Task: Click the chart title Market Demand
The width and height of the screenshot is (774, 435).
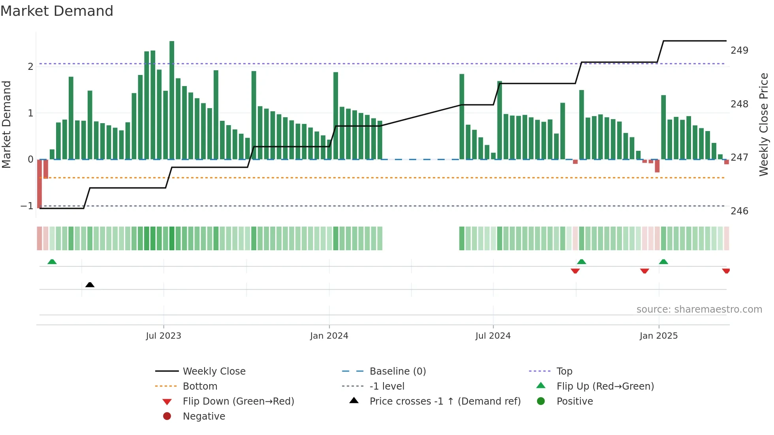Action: (x=57, y=11)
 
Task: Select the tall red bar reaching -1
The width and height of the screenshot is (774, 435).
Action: (x=39, y=184)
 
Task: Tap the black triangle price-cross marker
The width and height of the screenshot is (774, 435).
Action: (x=90, y=285)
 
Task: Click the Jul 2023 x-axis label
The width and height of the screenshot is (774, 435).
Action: (x=163, y=336)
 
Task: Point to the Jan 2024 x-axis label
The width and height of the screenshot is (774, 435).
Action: (x=329, y=336)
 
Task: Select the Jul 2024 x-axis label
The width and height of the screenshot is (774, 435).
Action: (x=493, y=336)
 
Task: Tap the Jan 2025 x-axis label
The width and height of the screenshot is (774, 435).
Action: (x=659, y=336)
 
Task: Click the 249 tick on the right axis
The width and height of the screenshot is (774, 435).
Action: (x=739, y=51)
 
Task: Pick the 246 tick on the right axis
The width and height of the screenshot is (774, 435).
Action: (x=739, y=211)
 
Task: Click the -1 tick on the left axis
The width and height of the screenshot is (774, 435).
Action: (x=27, y=206)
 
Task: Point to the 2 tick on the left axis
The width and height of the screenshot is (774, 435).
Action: (x=30, y=66)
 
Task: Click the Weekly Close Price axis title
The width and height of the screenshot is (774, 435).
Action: (x=764, y=124)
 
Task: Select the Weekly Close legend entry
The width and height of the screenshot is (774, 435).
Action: (x=214, y=371)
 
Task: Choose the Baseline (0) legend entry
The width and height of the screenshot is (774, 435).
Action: (x=398, y=371)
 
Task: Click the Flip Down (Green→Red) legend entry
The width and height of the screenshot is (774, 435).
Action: (x=238, y=401)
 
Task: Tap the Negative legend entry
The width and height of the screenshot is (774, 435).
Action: (x=204, y=416)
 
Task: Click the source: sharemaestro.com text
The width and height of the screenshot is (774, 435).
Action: (x=699, y=309)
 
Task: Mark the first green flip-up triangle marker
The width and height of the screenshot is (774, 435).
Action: (x=52, y=262)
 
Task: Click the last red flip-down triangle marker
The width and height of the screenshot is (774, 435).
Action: (x=726, y=271)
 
